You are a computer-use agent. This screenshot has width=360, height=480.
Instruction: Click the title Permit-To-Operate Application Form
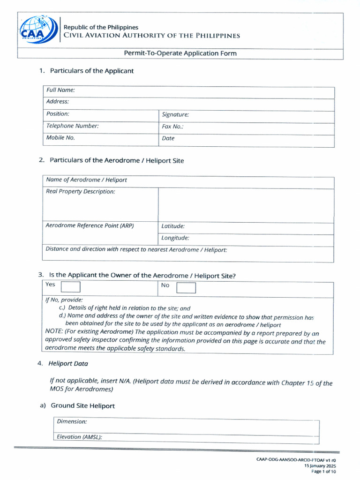pos(180,53)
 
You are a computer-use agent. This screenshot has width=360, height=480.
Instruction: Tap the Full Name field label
pos(60,90)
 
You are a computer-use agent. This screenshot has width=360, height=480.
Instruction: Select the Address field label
pos(58,102)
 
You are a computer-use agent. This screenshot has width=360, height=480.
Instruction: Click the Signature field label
pos(175,114)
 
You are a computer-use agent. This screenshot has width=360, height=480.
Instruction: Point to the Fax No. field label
pos(172,127)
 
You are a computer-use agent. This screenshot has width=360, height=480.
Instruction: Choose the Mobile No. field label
pos(60,138)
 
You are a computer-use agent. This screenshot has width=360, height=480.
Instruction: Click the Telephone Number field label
pos(72,126)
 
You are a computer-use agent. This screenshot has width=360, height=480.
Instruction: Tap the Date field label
pos(168,139)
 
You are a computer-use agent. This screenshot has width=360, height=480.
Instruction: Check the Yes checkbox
pos(70,287)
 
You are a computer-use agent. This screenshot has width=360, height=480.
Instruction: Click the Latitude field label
pos(173,226)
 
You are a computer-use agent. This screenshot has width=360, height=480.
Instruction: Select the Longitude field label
pos(175,238)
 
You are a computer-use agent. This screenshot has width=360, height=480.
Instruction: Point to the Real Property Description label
pos(80,192)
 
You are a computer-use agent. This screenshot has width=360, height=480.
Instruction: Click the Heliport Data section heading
pos(68,364)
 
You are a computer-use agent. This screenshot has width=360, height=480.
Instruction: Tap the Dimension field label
pos(72,422)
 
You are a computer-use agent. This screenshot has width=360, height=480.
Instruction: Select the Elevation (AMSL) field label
pos(79,437)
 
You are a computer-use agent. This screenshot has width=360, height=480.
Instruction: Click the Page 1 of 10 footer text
pos(323,472)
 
